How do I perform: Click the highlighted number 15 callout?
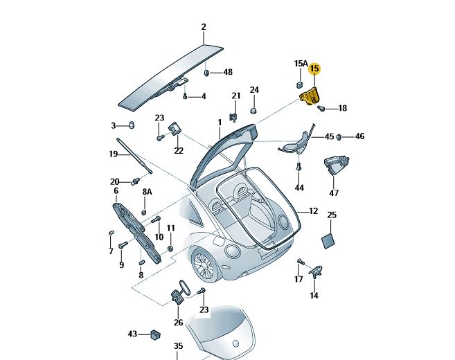point(314,69)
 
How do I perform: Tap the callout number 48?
point(228,72)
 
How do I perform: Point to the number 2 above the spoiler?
point(204,28)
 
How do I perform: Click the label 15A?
point(300,64)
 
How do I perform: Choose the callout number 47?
point(334,193)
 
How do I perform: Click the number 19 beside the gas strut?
point(114,154)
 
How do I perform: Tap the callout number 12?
point(313,211)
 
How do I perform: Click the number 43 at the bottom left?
point(132,334)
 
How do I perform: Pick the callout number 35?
point(178,345)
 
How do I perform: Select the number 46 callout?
point(359,137)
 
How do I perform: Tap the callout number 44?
point(299,188)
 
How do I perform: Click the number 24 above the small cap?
point(254,91)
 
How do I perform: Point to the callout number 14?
point(314,296)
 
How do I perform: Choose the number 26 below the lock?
point(178,323)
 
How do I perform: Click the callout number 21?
point(235,96)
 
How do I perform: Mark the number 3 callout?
point(114,125)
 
